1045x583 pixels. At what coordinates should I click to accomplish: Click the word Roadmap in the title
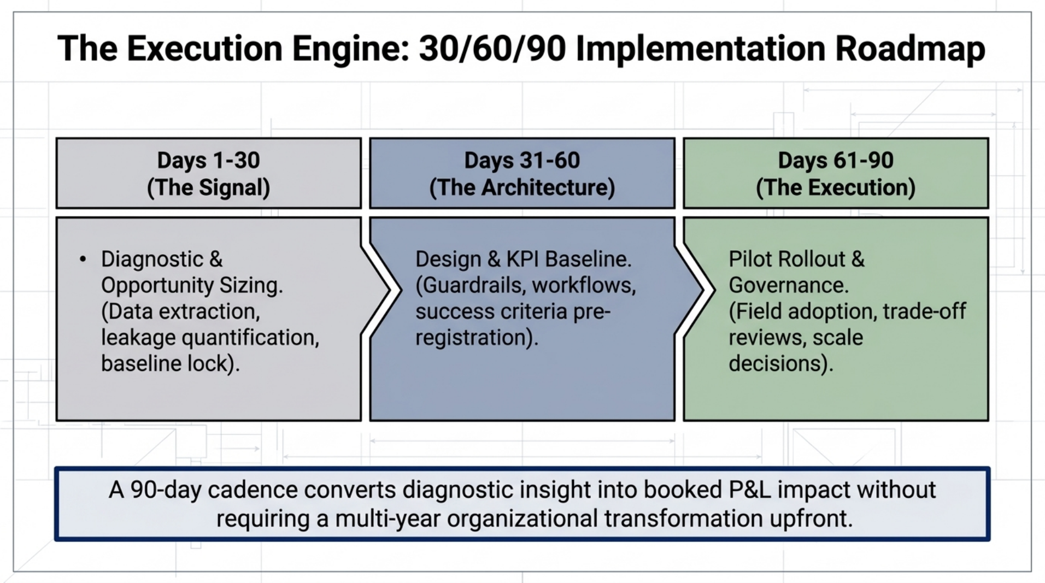[910, 49]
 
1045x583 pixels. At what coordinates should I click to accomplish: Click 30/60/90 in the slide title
[492, 49]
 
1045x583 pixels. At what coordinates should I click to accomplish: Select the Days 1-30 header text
[208, 161]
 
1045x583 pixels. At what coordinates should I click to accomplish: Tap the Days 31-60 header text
[522, 161]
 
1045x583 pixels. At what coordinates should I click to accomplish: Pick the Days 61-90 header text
[835, 161]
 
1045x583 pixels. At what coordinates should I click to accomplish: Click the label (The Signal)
[208, 187]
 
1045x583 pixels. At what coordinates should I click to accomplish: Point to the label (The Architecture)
[522, 187]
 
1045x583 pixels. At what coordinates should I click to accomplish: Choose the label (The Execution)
[835, 187]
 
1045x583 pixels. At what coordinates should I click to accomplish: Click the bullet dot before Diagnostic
[83, 259]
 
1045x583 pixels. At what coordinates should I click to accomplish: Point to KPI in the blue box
[523, 259]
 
